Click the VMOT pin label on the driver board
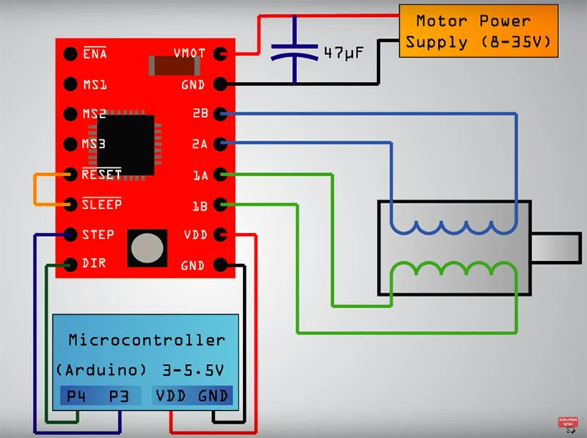pyautogui.click(x=189, y=54)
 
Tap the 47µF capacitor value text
pyautogui.click(x=343, y=53)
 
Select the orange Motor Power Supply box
pyautogui.click(x=478, y=31)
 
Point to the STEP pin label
pyautogui.click(x=98, y=235)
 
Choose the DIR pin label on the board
pyautogui.click(x=94, y=263)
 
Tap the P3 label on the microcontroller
pyautogui.click(x=118, y=396)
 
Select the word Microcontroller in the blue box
pyautogui.click(x=147, y=340)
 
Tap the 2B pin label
pyautogui.click(x=200, y=114)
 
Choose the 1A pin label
pyautogui.click(x=200, y=175)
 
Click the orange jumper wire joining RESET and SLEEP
pyautogui.click(x=35, y=189)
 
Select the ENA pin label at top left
pyautogui.click(x=95, y=54)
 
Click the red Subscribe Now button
pyautogui.click(x=567, y=423)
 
